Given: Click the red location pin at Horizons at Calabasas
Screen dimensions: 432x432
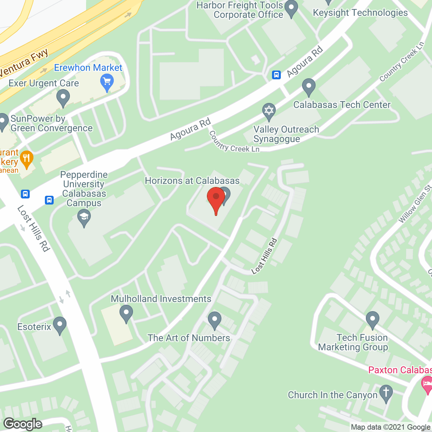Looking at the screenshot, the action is tap(216, 197).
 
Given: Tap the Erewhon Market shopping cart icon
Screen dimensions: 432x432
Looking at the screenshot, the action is tap(107, 82).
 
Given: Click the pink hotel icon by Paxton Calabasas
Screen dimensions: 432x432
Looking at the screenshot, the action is tap(427, 383).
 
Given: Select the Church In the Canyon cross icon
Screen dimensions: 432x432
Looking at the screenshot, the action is tap(386, 393).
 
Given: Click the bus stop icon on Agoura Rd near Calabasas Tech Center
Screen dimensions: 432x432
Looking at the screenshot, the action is tap(276, 75).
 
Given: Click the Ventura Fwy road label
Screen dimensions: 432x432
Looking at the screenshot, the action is tap(24, 63).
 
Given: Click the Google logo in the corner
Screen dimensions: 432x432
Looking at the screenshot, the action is tap(23, 424).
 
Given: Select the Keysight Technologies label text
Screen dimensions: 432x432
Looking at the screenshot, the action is tap(360, 13).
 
